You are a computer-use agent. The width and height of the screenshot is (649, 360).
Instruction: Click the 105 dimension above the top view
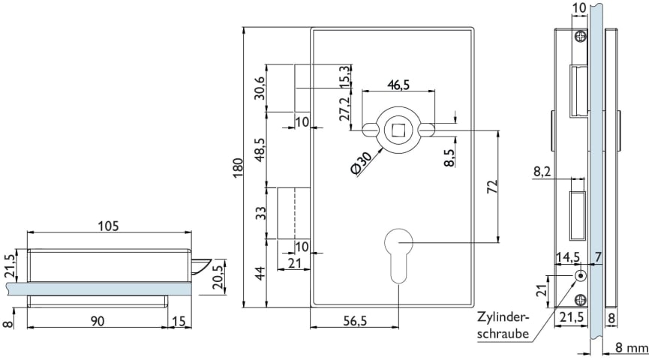pos(110,225)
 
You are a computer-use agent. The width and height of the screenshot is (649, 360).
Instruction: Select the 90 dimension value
pos(97,320)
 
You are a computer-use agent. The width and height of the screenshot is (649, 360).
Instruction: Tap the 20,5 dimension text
pos(218,275)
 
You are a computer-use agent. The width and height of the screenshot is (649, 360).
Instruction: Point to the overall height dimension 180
pos(237,168)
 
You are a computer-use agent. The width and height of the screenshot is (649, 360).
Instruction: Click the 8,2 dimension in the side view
pos(543,172)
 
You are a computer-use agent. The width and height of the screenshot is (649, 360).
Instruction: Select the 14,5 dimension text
pos(567,256)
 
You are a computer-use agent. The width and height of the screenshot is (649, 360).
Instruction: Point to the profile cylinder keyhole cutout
pos(398,253)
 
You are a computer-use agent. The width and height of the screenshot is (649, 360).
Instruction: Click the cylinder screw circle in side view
pos(579,276)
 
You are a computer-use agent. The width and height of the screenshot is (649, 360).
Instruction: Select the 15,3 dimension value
pos(344,76)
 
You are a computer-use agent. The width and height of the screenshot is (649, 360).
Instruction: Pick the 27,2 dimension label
pos(344,109)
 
